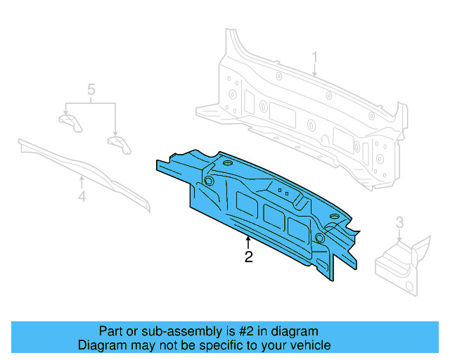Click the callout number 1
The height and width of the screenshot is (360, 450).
315,57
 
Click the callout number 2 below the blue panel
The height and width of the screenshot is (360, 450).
248,257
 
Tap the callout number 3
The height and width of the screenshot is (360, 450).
399,223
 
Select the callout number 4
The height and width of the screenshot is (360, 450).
82,198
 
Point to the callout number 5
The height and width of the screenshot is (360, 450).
91,89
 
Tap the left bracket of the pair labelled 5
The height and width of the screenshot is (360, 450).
69,122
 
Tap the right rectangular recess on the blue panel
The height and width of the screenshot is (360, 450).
296,226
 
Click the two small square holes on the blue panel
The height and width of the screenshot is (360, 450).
283,191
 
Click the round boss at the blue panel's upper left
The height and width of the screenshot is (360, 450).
209,181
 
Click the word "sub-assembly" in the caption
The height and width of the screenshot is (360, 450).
162,331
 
